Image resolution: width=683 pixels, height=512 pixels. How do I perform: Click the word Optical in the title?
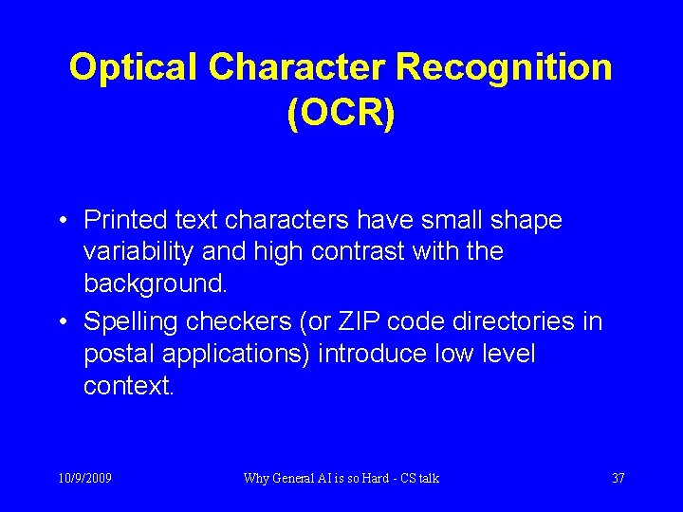(133, 68)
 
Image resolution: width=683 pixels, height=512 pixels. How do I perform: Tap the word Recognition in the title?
(504, 68)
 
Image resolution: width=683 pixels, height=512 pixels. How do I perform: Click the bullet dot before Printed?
(61, 222)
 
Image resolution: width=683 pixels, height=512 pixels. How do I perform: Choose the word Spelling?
(137, 322)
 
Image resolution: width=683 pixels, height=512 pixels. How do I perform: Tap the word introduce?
(374, 355)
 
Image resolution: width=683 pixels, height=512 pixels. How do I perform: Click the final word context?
(128, 387)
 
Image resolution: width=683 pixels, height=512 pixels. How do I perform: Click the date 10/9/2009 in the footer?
(83, 479)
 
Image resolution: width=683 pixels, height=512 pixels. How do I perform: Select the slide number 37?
(618, 479)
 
